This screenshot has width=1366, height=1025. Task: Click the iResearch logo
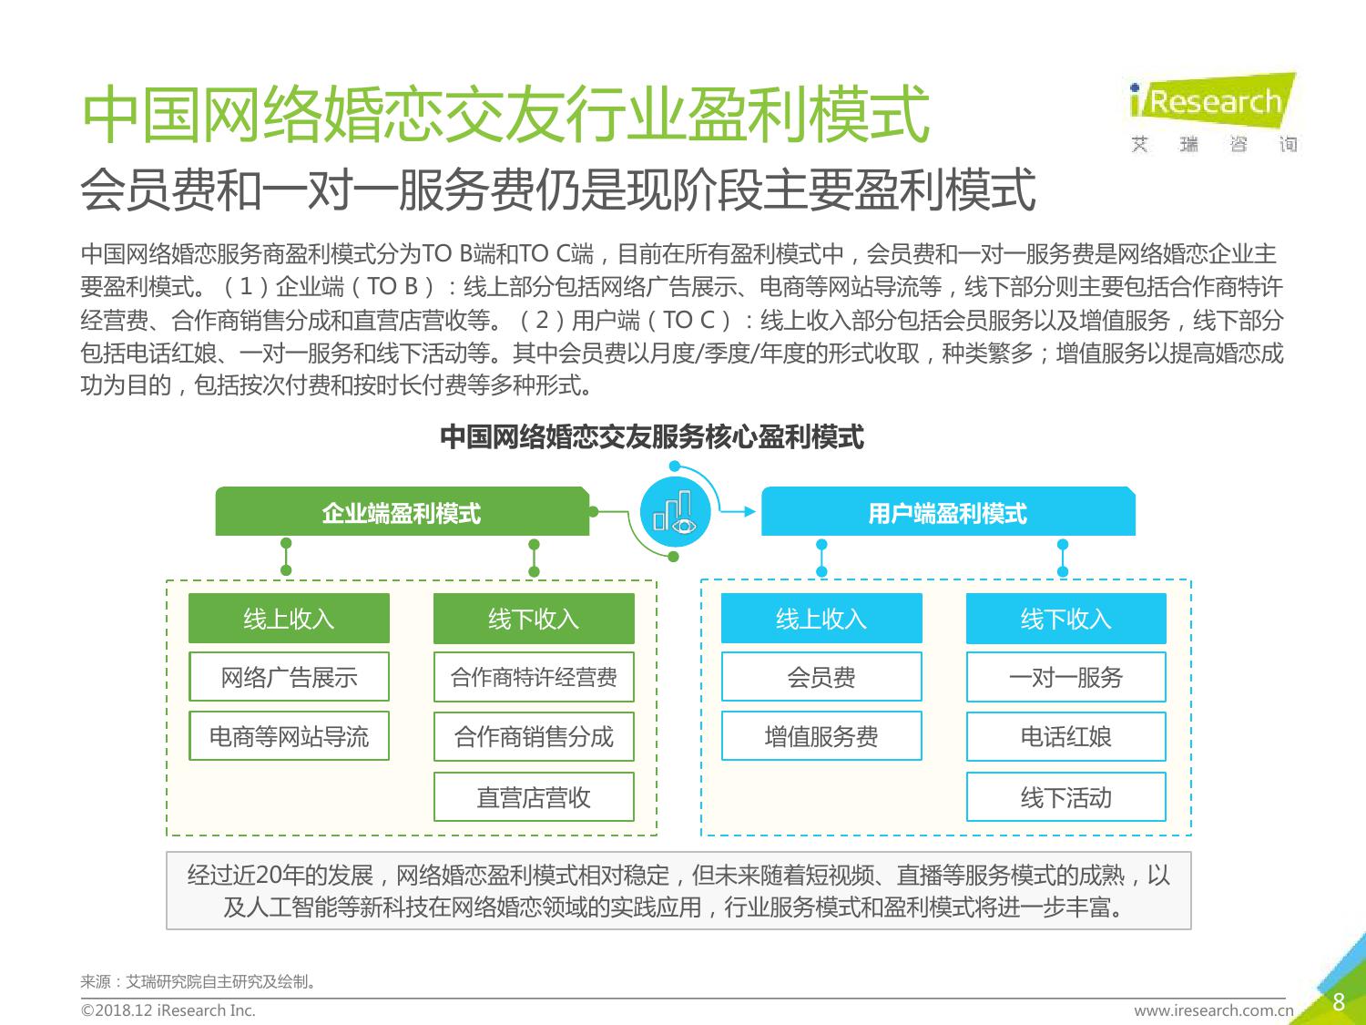[x=1213, y=112]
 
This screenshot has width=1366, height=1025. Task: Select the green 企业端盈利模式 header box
[x=402, y=511]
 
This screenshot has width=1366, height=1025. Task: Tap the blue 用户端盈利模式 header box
[x=948, y=511]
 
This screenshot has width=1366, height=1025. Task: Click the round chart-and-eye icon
[x=675, y=512]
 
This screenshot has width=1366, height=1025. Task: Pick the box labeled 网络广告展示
[x=290, y=676]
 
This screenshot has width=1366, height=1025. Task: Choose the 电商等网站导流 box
[x=290, y=736]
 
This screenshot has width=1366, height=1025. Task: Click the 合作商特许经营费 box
[x=534, y=676]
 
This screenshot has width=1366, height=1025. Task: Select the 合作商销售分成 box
[x=534, y=736]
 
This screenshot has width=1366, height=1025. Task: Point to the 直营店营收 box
[x=534, y=796]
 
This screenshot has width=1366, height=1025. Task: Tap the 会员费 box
[x=821, y=676]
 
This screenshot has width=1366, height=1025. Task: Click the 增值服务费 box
[x=821, y=736]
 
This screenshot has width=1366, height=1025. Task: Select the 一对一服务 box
[x=1066, y=676]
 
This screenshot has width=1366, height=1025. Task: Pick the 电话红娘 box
[x=1066, y=736]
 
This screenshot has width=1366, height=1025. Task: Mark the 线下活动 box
[x=1066, y=796]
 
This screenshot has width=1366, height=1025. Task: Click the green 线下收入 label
[x=534, y=619]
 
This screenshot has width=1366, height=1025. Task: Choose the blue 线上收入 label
[x=821, y=619]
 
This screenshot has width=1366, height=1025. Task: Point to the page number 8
[x=1339, y=1002]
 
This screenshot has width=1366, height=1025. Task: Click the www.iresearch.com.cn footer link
[x=1214, y=1010]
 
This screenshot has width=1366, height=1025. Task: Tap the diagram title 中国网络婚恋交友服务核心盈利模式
[x=651, y=437]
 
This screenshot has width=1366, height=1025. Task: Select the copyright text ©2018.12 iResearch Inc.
[x=168, y=1010]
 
